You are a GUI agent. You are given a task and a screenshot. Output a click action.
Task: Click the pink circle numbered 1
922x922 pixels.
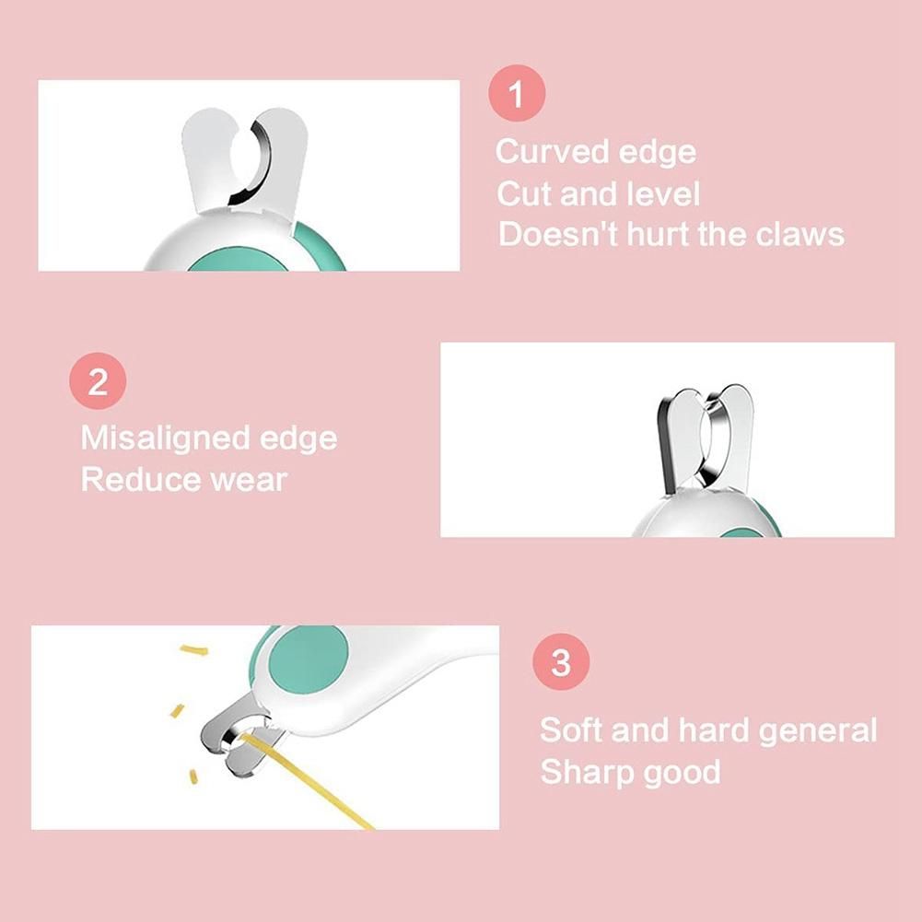(x=517, y=93)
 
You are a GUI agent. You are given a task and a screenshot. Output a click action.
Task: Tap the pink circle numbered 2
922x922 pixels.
(x=98, y=381)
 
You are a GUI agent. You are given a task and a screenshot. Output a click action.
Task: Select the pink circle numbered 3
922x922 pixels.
(x=561, y=661)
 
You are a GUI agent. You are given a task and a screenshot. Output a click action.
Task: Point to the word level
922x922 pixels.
(x=663, y=193)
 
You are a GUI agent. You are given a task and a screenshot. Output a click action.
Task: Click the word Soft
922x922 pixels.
(x=571, y=729)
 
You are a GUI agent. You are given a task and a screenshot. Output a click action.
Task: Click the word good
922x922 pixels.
(x=682, y=773)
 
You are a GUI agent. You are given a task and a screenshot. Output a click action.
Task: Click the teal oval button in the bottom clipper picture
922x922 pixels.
(x=309, y=659)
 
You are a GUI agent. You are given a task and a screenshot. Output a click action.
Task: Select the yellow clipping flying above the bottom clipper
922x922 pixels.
(x=194, y=649)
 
